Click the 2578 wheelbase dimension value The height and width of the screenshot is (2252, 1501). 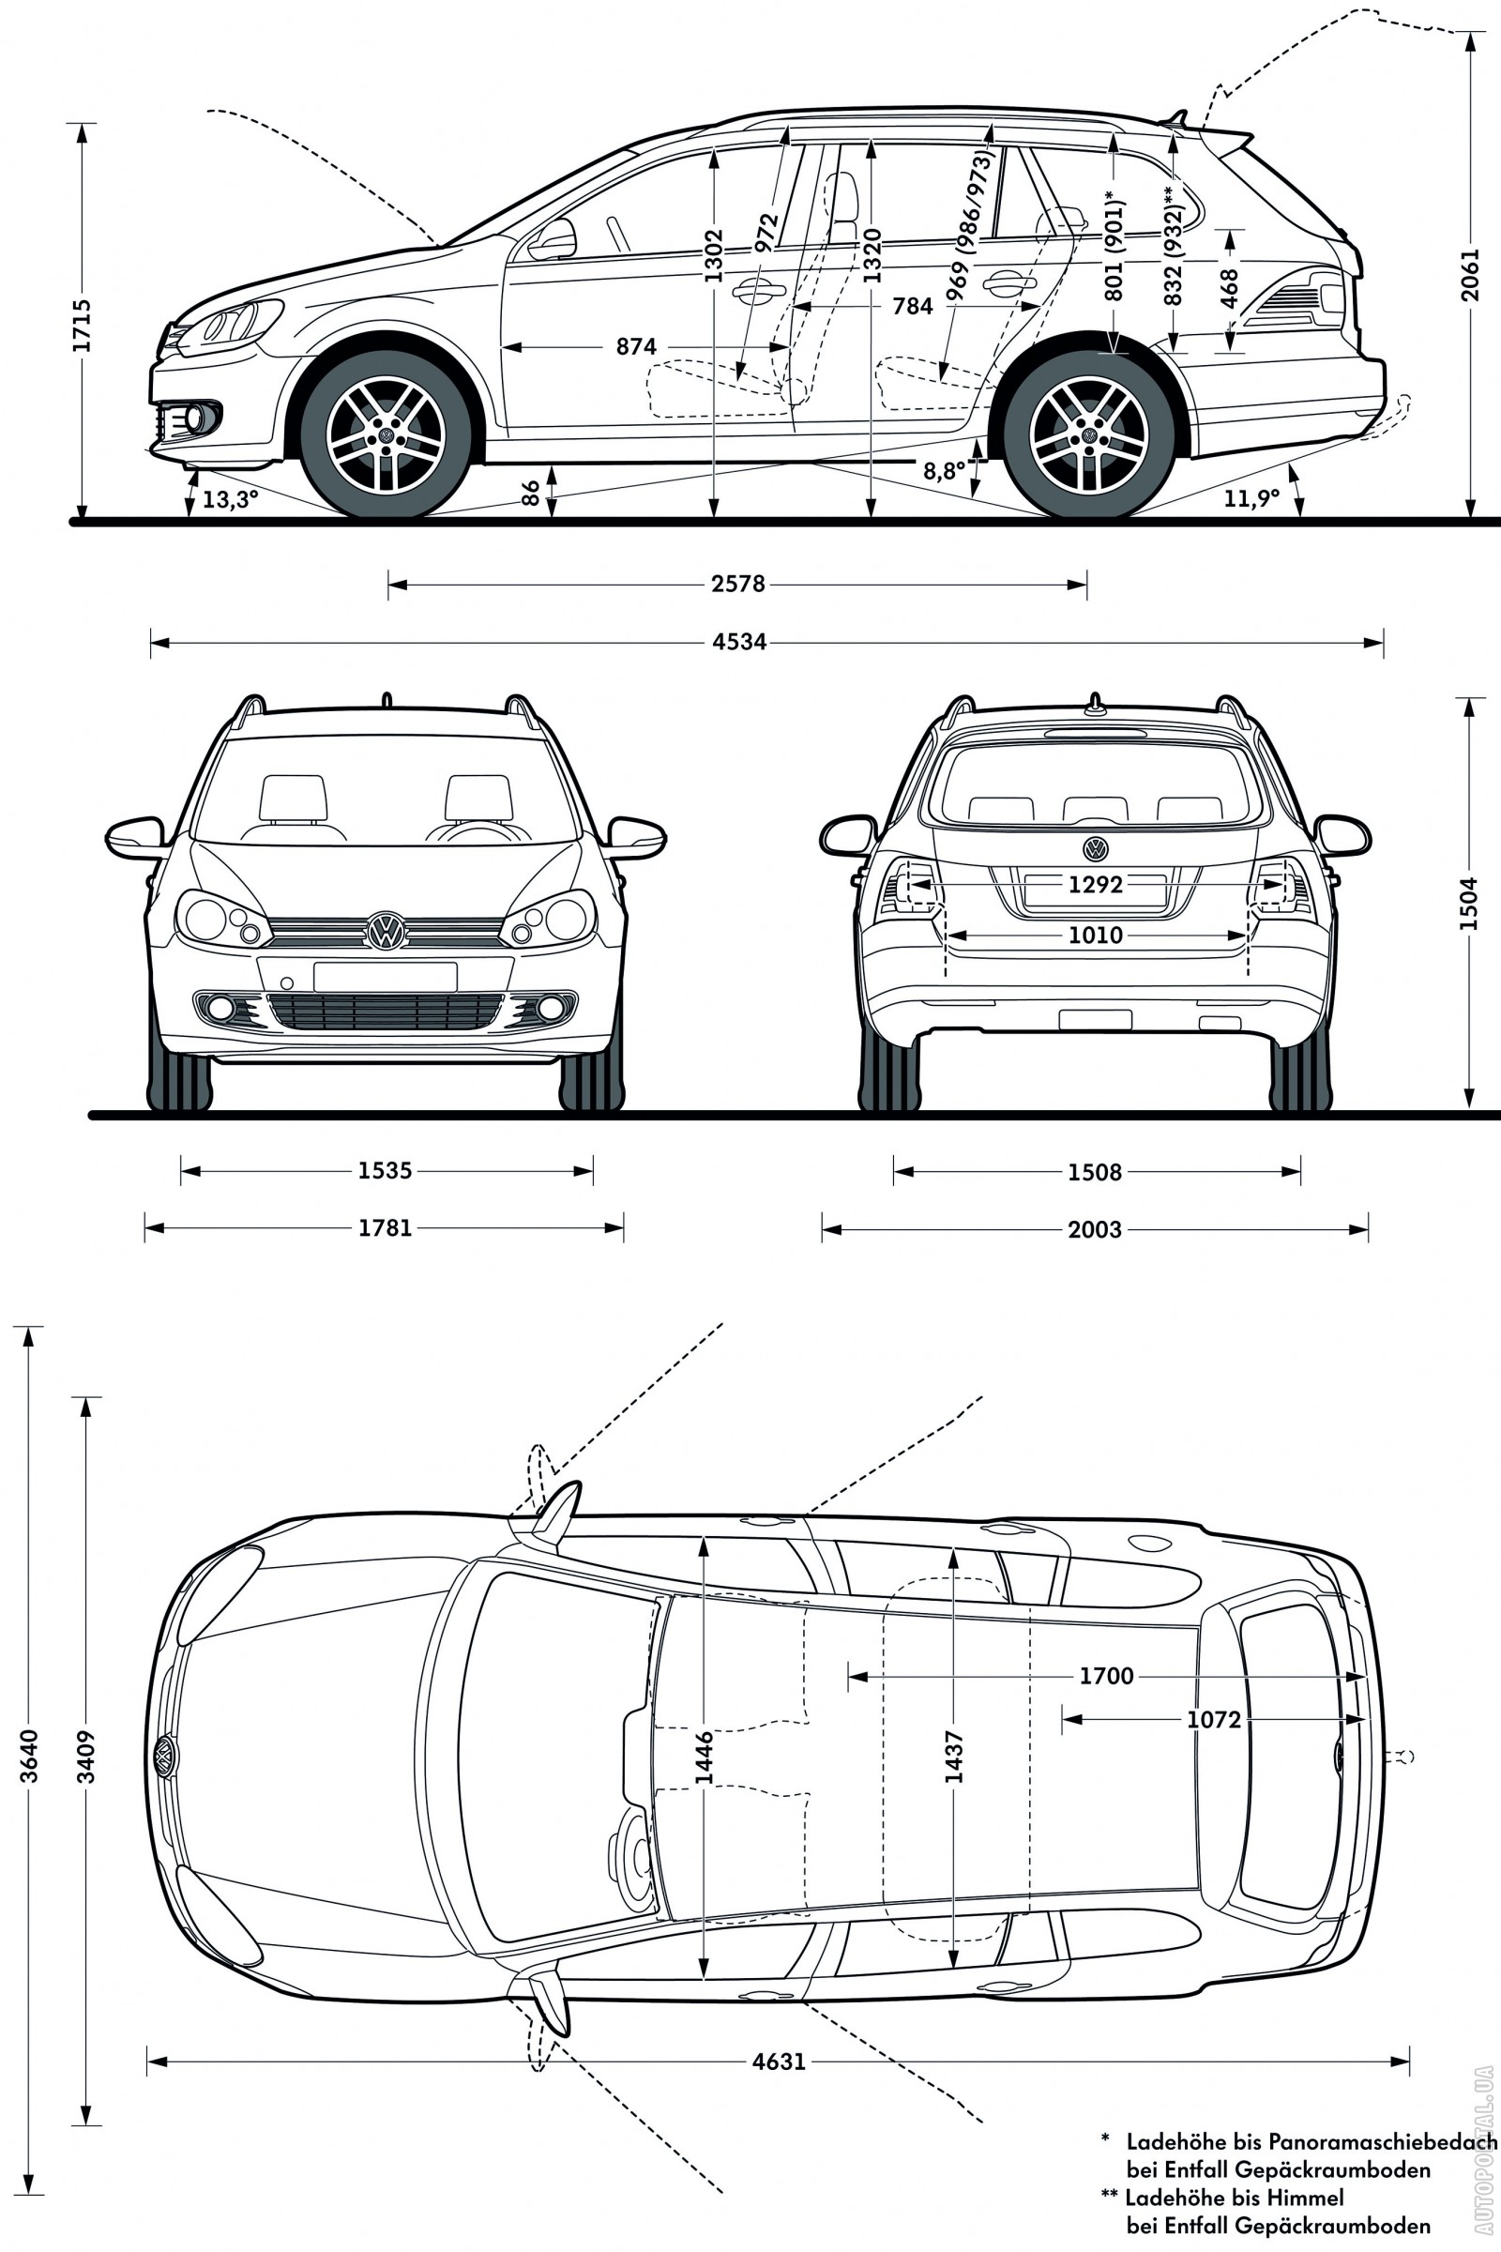click(x=737, y=583)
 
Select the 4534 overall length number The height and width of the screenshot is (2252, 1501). click(x=739, y=642)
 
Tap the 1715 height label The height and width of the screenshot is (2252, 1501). click(x=83, y=326)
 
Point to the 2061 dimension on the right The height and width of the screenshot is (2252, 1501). click(x=1469, y=276)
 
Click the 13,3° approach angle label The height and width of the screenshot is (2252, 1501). click(x=230, y=499)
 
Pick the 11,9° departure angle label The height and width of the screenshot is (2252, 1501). click(x=1251, y=498)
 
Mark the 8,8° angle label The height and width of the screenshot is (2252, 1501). click(x=944, y=470)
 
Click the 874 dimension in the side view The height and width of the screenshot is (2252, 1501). click(x=636, y=346)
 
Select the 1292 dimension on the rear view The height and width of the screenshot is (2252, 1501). click(x=1095, y=885)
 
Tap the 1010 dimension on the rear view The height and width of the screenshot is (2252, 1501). click(x=1095, y=936)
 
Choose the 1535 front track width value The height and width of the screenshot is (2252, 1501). click(x=385, y=1170)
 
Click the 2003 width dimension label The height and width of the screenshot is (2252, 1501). click(x=1094, y=1229)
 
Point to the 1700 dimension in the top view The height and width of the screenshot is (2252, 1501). click(x=1106, y=1676)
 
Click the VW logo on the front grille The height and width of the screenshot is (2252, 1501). click(x=386, y=931)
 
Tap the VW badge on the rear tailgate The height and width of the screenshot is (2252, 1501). click(x=1095, y=848)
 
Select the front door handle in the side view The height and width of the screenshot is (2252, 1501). click(x=757, y=290)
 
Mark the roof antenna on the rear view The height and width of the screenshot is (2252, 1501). click(x=1094, y=704)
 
